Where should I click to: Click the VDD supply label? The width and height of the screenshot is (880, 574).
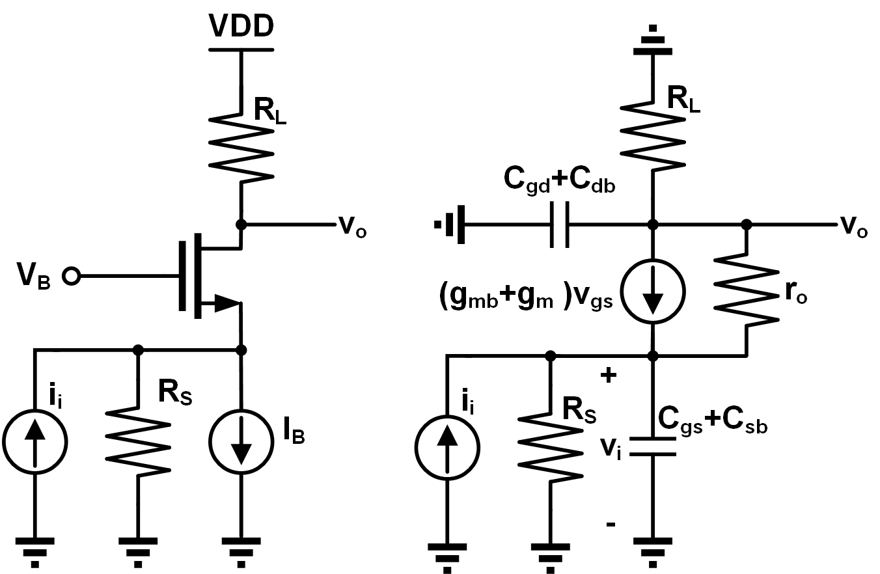pos(241,26)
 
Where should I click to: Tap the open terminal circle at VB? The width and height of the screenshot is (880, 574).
pos(72,276)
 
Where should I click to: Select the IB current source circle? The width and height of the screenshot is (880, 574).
pos(241,442)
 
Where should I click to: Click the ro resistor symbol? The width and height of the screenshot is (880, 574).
pos(747,290)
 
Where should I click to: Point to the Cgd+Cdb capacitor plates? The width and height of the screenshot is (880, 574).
pos(559,225)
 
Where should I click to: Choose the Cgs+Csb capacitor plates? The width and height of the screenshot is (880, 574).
pos(653,446)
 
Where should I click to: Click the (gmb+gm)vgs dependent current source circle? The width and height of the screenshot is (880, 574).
pos(653,291)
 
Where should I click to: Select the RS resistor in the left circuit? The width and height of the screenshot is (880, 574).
pos(138,442)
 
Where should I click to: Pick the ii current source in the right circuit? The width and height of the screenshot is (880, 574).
pos(447,448)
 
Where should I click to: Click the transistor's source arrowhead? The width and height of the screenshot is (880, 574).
pos(227,303)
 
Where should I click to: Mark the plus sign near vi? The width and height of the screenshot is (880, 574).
pos(609,376)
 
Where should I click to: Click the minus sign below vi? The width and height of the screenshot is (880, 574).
pos(611,524)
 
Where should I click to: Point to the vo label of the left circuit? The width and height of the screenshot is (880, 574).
pos(352,227)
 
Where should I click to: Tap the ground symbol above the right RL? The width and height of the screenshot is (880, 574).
pos(653,40)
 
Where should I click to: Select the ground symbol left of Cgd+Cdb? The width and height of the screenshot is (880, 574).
pos(450,225)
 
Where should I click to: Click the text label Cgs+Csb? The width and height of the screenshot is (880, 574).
pos(712,420)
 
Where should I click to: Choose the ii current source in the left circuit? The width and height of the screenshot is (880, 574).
pos(35,442)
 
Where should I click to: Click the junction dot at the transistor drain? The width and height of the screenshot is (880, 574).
pos(241,225)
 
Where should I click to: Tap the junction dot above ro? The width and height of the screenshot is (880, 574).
pos(747,225)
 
